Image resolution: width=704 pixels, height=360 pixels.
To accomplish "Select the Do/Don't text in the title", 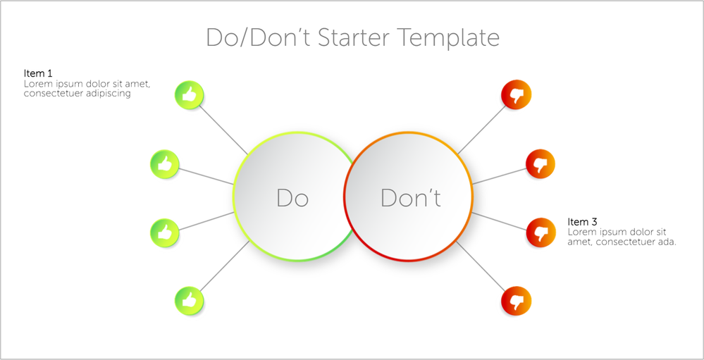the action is tap(258, 37).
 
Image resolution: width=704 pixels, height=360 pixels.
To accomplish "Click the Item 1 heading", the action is tap(38, 73).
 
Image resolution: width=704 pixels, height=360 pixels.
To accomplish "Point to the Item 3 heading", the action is tap(582, 222).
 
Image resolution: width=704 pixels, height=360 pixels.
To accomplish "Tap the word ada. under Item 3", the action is tap(666, 242).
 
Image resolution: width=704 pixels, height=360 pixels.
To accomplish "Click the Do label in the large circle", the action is tap(292, 198).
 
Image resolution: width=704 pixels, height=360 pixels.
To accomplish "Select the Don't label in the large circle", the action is tap(411, 198).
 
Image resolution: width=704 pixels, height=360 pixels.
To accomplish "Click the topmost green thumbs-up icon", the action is tap(190, 94).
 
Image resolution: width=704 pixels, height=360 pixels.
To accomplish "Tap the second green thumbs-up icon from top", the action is tap(165, 164).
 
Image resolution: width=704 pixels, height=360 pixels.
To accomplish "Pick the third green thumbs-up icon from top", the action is tap(165, 232).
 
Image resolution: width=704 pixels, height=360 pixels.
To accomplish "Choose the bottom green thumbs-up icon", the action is tap(190, 301).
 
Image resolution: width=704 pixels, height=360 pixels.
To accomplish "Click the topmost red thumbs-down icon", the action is tap(517, 94).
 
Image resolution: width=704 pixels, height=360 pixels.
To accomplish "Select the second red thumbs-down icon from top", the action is tap(541, 164).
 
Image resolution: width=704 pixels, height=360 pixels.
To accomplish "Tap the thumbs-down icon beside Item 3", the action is tap(541, 232).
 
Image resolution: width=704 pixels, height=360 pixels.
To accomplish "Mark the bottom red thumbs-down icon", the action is tap(517, 301).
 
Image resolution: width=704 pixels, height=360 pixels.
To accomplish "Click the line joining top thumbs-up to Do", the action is tap(223, 130).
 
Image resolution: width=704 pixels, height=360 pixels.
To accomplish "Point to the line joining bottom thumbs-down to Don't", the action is tap(481, 266).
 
